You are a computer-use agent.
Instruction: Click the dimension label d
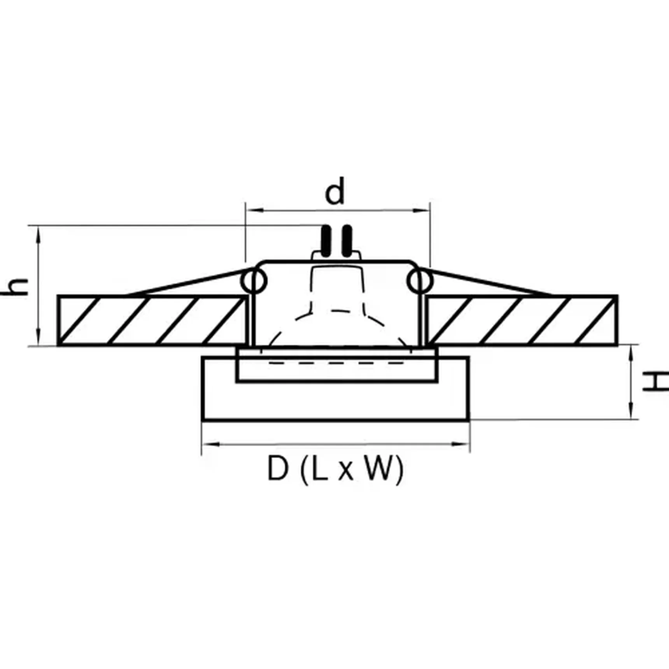pos(335,191)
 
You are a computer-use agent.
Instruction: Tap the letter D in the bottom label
pos(278,469)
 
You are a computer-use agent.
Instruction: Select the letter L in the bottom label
pos(319,469)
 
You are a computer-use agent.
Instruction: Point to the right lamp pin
pos(347,241)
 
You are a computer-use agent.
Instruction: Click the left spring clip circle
pos(254,281)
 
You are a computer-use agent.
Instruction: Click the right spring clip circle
pos(420,281)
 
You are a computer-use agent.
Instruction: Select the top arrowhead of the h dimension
pos(38,233)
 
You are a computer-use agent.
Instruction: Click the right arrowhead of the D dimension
pos(463,444)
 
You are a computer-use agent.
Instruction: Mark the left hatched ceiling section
pos(152,320)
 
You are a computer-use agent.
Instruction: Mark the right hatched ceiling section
pos(521,320)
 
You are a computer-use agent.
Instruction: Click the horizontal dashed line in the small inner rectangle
pos(337,363)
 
